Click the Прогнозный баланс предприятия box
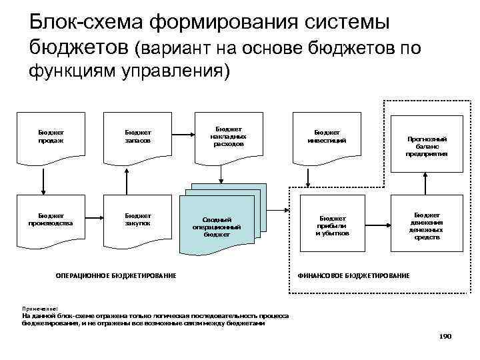427,146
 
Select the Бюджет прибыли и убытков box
331,225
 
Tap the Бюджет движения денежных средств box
427,225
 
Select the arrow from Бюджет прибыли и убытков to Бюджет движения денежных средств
377,225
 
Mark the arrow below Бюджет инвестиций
309,177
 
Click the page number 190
445,337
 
